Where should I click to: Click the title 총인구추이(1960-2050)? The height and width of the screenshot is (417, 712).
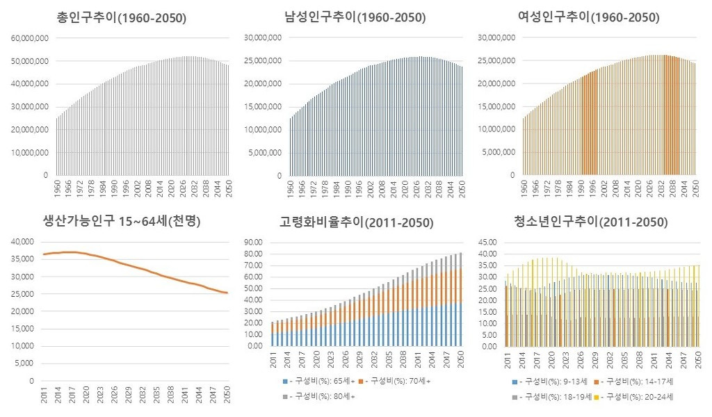pos(122,17)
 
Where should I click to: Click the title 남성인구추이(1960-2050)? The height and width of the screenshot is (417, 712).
pos(355,17)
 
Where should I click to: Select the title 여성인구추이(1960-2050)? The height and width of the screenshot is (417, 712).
pos(590,17)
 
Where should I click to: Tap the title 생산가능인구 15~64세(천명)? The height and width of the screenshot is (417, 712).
pos(122,222)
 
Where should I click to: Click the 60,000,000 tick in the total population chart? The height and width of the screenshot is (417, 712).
pos(29,38)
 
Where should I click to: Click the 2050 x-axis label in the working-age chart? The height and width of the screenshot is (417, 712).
pos(225,393)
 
